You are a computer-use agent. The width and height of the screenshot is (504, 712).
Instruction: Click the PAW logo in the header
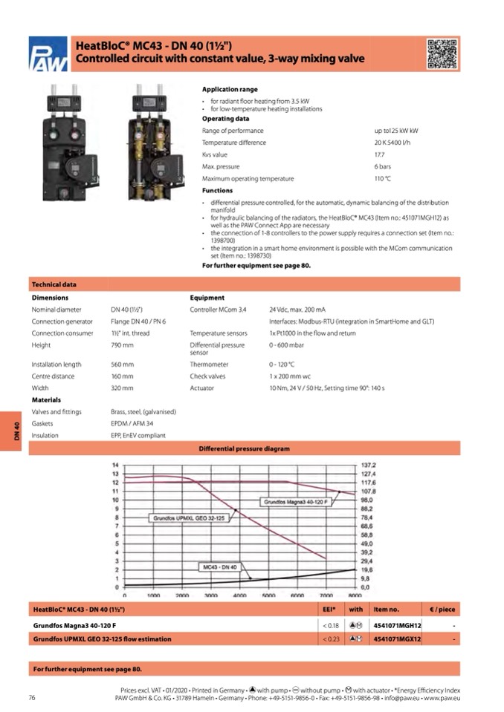48,55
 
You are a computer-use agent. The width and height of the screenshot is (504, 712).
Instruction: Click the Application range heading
230,89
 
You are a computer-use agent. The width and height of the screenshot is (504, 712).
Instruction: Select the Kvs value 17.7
379,154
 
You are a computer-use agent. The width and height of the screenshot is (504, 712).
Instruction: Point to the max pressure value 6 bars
382,166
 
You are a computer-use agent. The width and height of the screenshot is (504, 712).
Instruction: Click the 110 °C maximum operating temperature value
382,179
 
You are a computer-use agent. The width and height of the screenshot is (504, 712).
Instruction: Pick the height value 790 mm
122,345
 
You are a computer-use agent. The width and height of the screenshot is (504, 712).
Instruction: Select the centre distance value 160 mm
122,376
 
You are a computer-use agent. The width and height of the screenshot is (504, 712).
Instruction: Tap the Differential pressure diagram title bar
244,448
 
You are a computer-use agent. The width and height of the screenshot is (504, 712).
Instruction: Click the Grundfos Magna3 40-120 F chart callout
296,503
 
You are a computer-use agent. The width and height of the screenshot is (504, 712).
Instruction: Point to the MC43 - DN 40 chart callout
219,567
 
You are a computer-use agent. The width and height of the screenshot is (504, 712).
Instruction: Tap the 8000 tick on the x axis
354,596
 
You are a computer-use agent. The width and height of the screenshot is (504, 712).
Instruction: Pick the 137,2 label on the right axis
368,465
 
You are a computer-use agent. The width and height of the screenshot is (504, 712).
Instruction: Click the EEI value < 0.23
331,638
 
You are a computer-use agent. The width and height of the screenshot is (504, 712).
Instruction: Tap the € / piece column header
442,610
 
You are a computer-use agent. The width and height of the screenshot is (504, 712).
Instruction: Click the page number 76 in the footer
32,697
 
